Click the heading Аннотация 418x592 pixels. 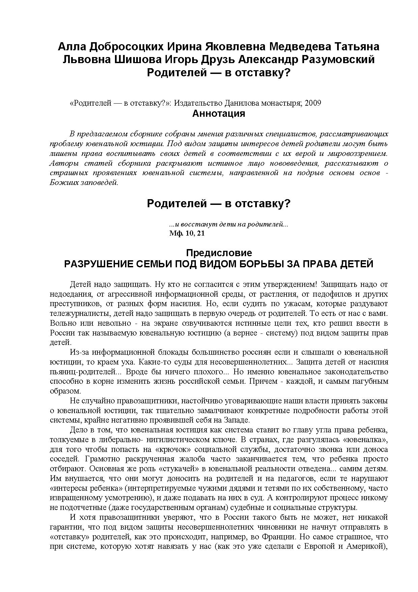pyautogui.click(x=218, y=114)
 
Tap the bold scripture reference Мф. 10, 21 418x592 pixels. pyautogui.click(x=187, y=233)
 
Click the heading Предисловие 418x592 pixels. pyautogui.click(x=219, y=253)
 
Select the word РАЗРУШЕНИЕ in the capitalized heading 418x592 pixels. pyautogui.click(x=97, y=264)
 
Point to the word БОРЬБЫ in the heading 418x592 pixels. pyautogui.click(x=261, y=264)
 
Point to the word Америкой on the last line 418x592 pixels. pyautogui.click(x=365, y=546)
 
